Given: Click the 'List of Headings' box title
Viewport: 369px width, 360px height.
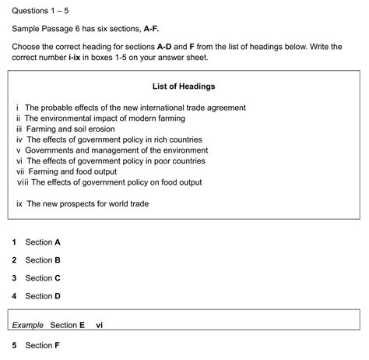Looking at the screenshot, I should click(x=184, y=86).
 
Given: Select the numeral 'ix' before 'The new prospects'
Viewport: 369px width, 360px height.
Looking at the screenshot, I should click(x=20, y=203).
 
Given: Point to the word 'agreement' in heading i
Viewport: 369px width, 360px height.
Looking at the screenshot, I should click(x=225, y=108).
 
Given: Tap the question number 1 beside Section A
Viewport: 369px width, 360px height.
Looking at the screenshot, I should click(x=14, y=242).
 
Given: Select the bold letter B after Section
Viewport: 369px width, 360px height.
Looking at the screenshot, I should click(x=58, y=260).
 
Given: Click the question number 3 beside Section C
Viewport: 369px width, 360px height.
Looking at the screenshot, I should click(x=14, y=278).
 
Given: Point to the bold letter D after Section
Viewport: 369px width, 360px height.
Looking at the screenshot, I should click(x=58, y=296).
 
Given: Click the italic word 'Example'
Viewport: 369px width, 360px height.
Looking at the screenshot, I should click(x=28, y=324).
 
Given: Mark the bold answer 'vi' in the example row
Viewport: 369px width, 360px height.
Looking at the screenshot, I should click(x=99, y=324).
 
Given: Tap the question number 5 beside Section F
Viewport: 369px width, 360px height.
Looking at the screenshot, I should click(x=14, y=345).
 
